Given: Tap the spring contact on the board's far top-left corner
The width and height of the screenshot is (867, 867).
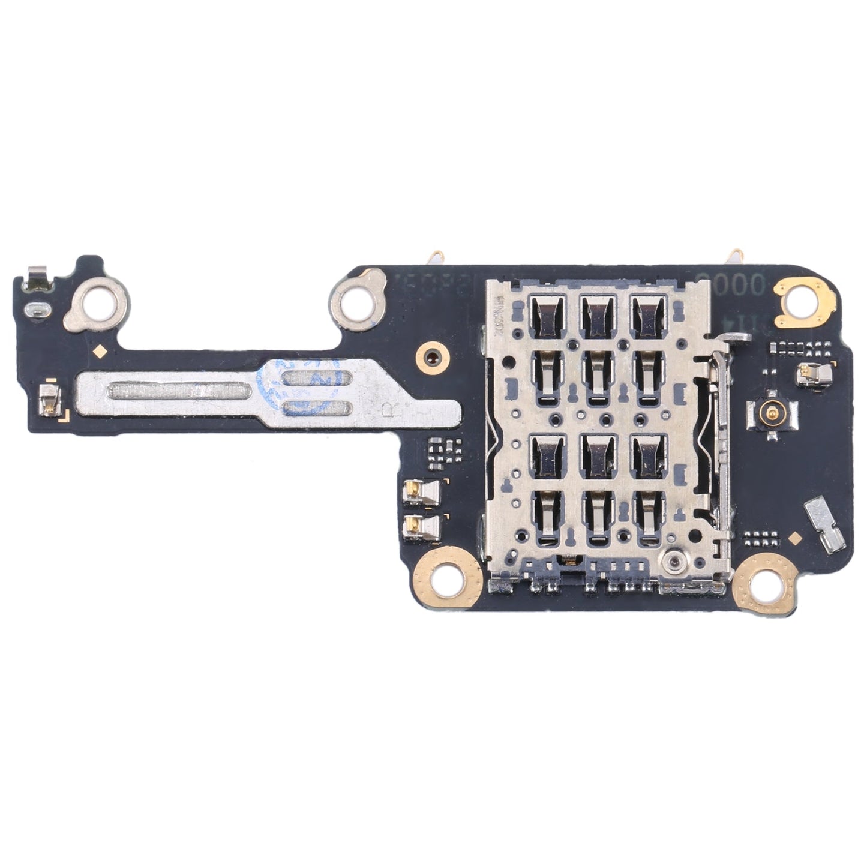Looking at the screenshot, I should (36, 276).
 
